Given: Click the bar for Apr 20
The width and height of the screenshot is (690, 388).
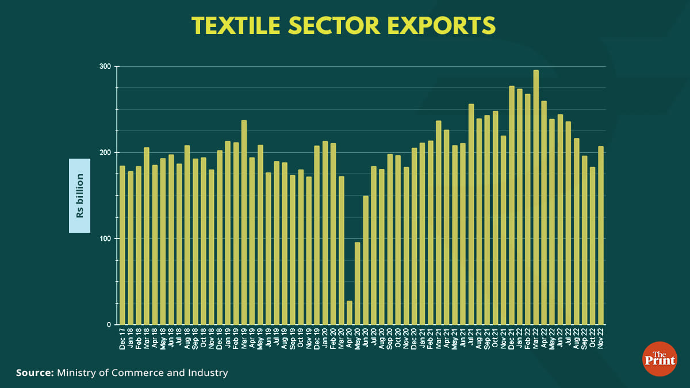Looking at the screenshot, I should pos(349,313).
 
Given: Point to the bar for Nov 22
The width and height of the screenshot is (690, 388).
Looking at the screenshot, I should pos(601,236).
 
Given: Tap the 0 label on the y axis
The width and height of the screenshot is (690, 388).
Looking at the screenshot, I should pos(109,325).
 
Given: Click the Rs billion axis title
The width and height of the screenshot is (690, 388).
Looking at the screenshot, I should pos(80,195).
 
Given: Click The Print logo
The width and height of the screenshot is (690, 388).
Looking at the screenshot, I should pos(658,359).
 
